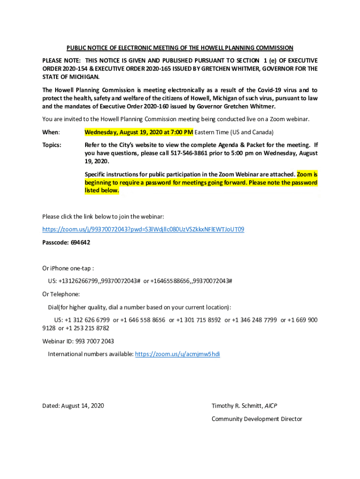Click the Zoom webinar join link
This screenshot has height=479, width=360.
tap(143, 229)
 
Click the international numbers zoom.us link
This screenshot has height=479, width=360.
tap(177, 354)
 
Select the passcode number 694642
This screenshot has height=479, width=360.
tap(80, 242)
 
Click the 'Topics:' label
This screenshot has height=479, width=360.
tap(52, 145)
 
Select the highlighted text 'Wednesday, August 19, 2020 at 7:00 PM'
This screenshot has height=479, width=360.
tap(138, 132)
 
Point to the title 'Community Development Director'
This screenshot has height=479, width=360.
tap(257, 419)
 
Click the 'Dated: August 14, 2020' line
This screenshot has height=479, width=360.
tap(73, 406)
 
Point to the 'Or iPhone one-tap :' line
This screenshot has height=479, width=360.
tap(68, 269)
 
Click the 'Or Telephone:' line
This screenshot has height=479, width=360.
tap(61, 294)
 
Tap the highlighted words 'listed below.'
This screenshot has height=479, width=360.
tap(102, 191)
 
